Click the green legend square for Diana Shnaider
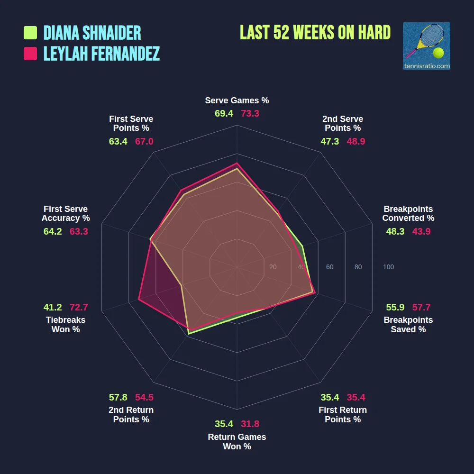tap(30, 33)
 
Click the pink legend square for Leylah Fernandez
tap(30, 54)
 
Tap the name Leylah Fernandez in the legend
tap(101, 54)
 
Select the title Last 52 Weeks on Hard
tap(315, 33)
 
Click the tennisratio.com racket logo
tap(426, 46)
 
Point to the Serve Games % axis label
tap(237, 100)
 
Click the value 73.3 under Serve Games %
tap(250, 114)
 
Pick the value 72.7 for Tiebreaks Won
tap(79, 307)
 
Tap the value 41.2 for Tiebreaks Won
tap(53, 307)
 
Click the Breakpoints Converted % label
tap(408, 214)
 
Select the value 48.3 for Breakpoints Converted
tap(395, 232)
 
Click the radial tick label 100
tap(388, 267)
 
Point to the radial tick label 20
tap(273, 267)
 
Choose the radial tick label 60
tap(329, 267)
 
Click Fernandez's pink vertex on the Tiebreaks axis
tap(139, 299)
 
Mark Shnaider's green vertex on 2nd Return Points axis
tap(189, 334)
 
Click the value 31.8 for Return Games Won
tap(250, 424)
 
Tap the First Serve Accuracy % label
tap(65, 214)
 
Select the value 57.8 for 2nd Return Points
tap(118, 397)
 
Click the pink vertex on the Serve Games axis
tap(237, 163)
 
